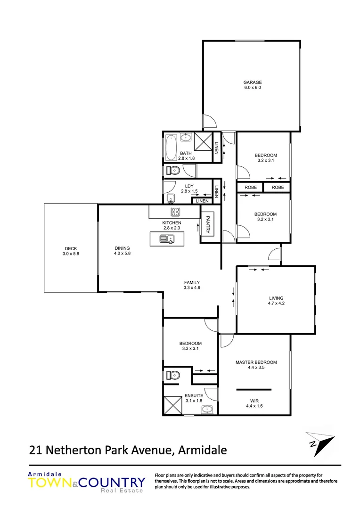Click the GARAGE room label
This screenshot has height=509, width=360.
253,82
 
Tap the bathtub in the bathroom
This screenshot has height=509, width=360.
170,148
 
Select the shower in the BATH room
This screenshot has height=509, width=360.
204,141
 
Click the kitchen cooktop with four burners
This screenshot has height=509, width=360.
175,212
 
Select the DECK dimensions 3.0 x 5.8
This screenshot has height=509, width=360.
71,254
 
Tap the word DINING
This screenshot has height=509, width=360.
122,248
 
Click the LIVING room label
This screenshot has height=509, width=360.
276,298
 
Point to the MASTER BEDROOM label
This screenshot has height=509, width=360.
256,362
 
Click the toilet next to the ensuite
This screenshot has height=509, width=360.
173,376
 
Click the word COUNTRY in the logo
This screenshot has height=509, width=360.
112,482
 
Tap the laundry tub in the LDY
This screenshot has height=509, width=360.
171,197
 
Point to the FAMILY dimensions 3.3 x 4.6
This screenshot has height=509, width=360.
192,287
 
